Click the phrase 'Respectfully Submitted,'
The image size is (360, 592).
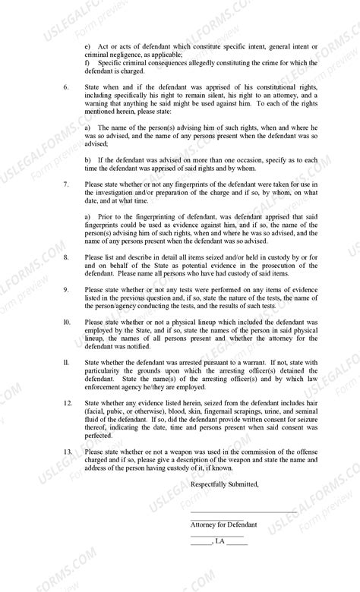point(224,484)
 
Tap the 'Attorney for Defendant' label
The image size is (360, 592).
point(223,524)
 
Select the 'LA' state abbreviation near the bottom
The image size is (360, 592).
point(220,543)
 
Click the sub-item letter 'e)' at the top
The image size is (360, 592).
point(88,47)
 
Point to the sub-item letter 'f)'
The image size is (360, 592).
point(87,63)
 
